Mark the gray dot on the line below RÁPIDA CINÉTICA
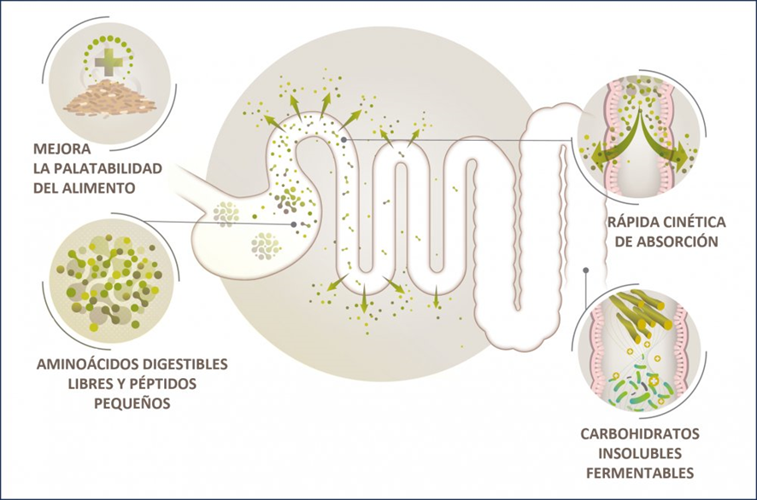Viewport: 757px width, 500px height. pyautogui.click(x=585, y=270)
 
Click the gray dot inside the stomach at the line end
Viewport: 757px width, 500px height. pyautogui.click(x=294, y=224)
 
